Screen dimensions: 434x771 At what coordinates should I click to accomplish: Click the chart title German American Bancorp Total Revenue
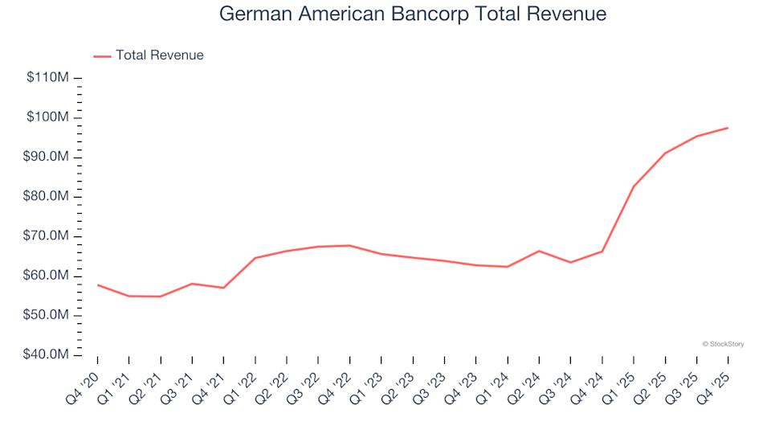(413, 14)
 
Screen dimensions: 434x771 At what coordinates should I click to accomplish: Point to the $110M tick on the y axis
(49, 78)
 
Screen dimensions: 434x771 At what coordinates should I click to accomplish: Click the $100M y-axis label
(49, 117)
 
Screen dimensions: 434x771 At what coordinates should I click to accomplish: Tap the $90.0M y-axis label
(47, 157)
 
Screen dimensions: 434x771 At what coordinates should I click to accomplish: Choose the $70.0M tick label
(47, 236)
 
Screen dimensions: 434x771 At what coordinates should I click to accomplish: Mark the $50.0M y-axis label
(47, 315)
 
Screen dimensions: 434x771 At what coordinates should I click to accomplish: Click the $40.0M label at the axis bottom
(47, 355)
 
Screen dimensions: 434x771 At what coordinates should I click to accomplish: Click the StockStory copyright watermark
(723, 344)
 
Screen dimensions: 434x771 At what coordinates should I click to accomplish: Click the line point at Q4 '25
(728, 128)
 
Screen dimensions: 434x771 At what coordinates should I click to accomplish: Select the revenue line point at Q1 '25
(634, 186)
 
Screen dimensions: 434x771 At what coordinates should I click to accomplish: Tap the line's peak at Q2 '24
(539, 251)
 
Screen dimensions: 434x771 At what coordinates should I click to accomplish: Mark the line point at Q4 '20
(98, 285)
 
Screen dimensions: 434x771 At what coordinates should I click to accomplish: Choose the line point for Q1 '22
(255, 258)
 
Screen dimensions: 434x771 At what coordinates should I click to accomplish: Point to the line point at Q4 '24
(602, 252)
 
